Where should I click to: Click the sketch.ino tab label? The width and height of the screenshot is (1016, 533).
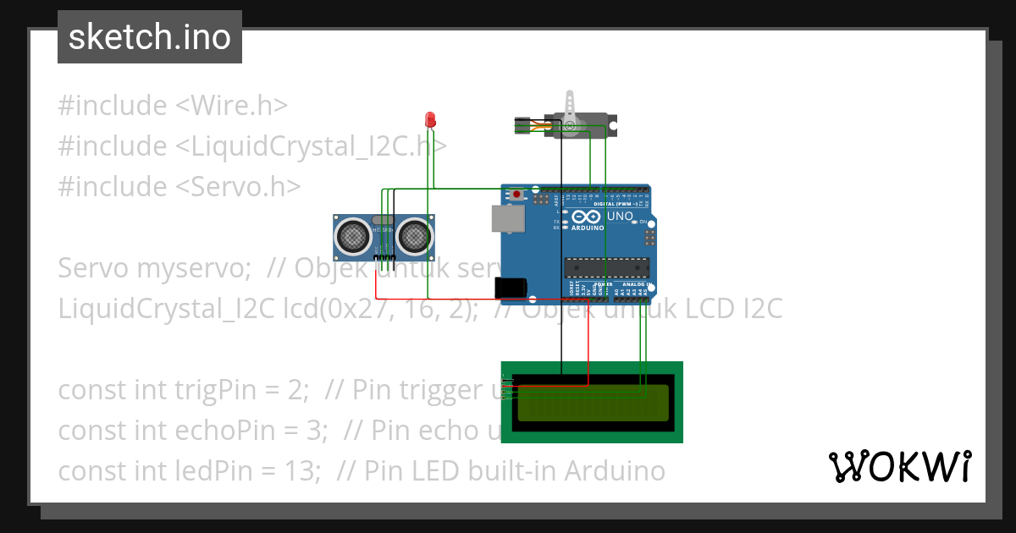click(x=150, y=37)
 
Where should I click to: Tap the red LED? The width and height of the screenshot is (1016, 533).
click(x=430, y=119)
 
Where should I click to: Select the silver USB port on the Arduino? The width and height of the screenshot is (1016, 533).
click(x=507, y=217)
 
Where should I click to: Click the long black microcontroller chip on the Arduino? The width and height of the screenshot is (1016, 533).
click(x=607, y=267)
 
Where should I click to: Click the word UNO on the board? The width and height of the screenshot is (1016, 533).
click(x=621, y=217)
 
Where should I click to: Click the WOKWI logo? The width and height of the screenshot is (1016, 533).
click(x=899, y=466)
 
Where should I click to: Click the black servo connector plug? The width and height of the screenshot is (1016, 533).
click(x=522, y=126)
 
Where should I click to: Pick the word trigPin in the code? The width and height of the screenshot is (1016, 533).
click(x=166, y=390)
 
